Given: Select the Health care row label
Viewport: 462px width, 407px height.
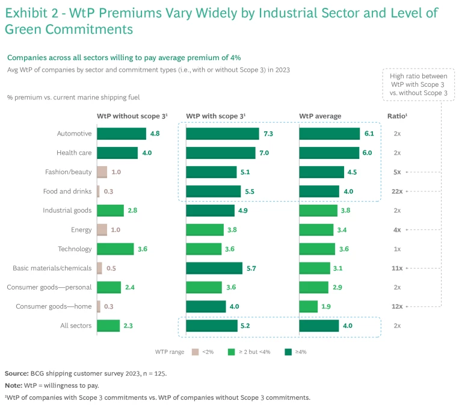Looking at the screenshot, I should [x=74, y=153].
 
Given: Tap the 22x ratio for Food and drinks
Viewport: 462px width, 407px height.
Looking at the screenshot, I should [x=397, y=191].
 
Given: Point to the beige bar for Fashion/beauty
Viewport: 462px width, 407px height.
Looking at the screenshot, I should [x=102, y=172].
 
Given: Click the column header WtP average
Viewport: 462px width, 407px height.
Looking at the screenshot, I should [x=320, y=116].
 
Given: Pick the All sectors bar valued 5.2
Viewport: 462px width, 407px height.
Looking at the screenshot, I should [x=212, y=326].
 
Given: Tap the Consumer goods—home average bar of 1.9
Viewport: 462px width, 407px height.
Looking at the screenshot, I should [x=308, y=307].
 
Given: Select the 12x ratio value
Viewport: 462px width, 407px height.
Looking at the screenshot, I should [x=397, y=307].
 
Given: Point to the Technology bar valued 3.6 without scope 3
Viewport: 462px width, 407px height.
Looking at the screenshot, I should [x=115, y=249].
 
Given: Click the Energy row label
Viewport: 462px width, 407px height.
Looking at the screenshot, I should [x=81, y=230].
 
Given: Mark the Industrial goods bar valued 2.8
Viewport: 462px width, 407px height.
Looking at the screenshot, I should [x=110, y=211].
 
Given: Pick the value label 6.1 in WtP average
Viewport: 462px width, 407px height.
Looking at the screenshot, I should [x=368, y=134].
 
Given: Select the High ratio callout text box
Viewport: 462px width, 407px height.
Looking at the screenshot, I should [x=419, y=84].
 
